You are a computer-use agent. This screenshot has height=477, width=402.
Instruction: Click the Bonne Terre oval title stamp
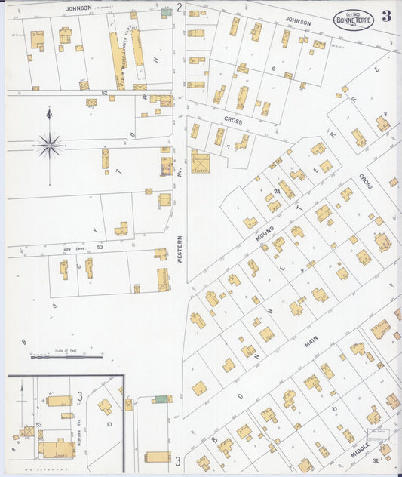coord(353,18)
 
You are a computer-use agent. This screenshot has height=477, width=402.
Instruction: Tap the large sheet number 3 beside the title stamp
coord(386,17)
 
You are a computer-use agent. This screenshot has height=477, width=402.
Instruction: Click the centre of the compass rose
coord(50,145)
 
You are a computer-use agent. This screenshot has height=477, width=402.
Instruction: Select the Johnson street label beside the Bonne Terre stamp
coord(297,23)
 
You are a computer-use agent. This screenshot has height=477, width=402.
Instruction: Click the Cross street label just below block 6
coord(232,119)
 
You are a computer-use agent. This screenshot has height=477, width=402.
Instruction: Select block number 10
coord(109,424)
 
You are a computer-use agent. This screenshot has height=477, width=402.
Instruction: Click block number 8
coord(385,115)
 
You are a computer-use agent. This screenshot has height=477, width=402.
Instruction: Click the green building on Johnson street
coord(166,13)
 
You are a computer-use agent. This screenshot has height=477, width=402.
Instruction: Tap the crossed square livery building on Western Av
coord(200,162)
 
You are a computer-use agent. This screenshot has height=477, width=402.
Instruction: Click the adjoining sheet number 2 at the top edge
coord(180,8)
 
